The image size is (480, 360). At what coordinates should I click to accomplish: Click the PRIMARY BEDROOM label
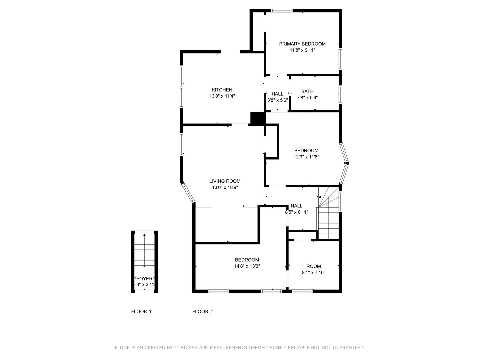[x=302, y=44]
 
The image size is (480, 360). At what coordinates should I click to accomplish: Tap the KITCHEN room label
[x=222, y=90]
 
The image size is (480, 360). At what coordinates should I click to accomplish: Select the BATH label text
[x=307, y=91]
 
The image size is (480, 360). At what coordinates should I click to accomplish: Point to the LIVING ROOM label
[x=225, y=181]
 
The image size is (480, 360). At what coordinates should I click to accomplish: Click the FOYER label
[x=144, y=279]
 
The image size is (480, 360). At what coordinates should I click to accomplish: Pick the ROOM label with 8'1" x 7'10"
[x=314, y=266]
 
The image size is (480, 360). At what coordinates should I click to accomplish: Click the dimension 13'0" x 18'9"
[x=225, y=188]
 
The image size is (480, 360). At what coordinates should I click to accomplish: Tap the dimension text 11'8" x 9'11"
[x=302, y=50]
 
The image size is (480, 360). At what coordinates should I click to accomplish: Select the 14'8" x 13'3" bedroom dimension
[x=247, y=266]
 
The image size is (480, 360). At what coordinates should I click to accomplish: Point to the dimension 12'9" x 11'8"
[x=306, y=157]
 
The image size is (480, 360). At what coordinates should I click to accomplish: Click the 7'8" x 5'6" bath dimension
[x=307, y=98]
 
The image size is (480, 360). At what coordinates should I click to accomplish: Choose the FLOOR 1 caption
[x=141, y=312]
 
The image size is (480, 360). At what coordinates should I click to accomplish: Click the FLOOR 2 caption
[x=202, y=312]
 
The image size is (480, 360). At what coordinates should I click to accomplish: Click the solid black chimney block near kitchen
[x=258, y=119]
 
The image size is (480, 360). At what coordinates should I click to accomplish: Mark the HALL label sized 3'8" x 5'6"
[x=277, y=94]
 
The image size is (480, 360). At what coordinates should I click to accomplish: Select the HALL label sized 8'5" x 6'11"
[x=297, y=206]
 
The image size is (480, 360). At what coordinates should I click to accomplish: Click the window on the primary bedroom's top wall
[x=282, y=10]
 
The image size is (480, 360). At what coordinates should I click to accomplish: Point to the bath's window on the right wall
[x=340, y=94]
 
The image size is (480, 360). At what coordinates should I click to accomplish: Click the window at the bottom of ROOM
[x=302, y=291]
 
